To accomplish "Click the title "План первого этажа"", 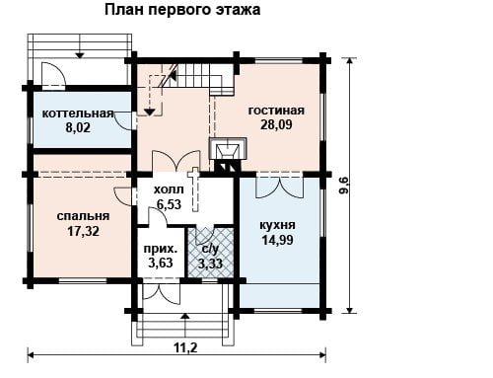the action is [x=182, y=10].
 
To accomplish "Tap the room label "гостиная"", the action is [x=276, y=111].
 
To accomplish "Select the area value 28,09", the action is [x=276, y=125].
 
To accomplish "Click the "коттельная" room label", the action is [x=78, y=113].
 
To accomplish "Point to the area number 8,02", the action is [x=78, y=127].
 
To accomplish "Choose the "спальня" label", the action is [x=83, y=216].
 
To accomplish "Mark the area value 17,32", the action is [x=84, y=231].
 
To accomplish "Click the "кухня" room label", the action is [x=278, y=225].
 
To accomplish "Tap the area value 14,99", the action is [x=278, y=240].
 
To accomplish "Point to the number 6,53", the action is [x=169, y=204].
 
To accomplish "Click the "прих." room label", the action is [x=161, y=249].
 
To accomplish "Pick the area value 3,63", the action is [x=161, y=264].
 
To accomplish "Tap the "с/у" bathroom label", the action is [x=210, y=250].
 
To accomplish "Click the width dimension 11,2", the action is [x=185, y=347].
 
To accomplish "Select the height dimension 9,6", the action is [x=344, y=185].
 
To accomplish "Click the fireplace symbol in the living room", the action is [x=228, y=151].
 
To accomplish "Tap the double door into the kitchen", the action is [x=279, y=188].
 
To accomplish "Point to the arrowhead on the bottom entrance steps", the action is [x=185, y=316].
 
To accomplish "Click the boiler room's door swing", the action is [x=125, y=120].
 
